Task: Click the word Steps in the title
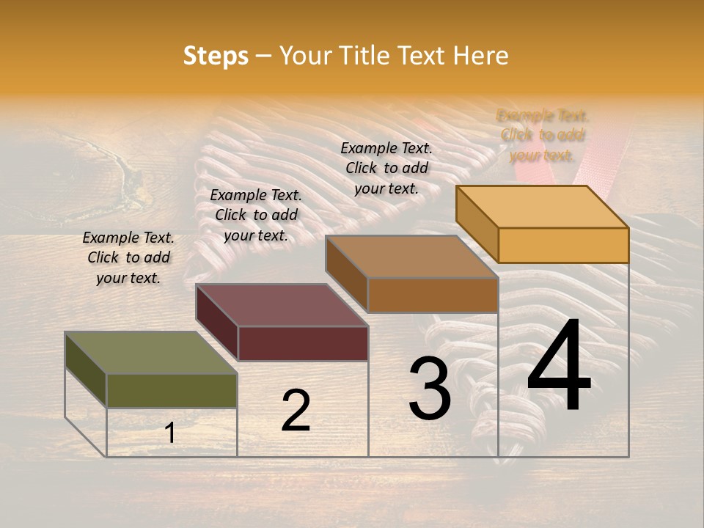(x=216, y=56)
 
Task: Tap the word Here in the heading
(x=480, y=56)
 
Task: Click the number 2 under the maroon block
(x=296, y=411)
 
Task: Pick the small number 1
(x=169, y=433)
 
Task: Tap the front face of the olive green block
(x=172, y=390)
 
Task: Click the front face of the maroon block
(x=303, y=343)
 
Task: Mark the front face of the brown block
(x=433, y=295)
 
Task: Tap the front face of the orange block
(x=563, y=245)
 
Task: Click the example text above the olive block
(x=128, y=257)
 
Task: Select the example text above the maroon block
(x=256, y=215)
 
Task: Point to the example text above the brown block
(x=386, y=168)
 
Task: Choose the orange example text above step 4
(x=542, y=135)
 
